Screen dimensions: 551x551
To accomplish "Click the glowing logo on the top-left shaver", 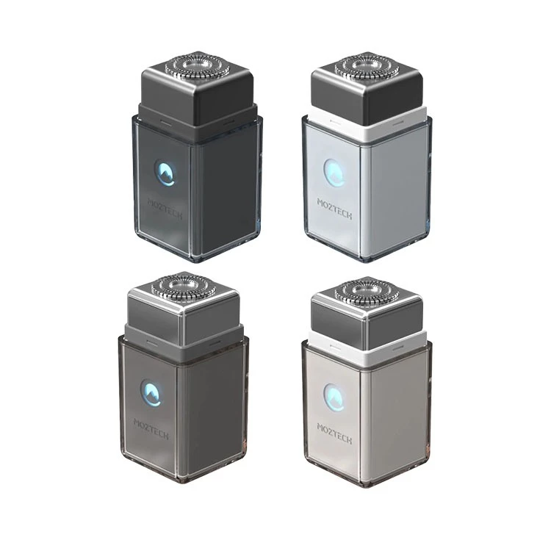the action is (x=166, y=173).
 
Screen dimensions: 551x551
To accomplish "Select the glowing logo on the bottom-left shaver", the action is (x=151, y=392).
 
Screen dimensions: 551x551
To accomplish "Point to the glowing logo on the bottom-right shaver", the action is (x=334, y=397).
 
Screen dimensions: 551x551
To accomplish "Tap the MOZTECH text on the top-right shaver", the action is (x=334, y=209).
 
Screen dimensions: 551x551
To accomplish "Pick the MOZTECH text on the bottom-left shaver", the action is (x=151, y=429).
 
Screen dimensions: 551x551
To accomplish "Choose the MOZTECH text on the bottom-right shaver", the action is (x=334, y=433).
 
